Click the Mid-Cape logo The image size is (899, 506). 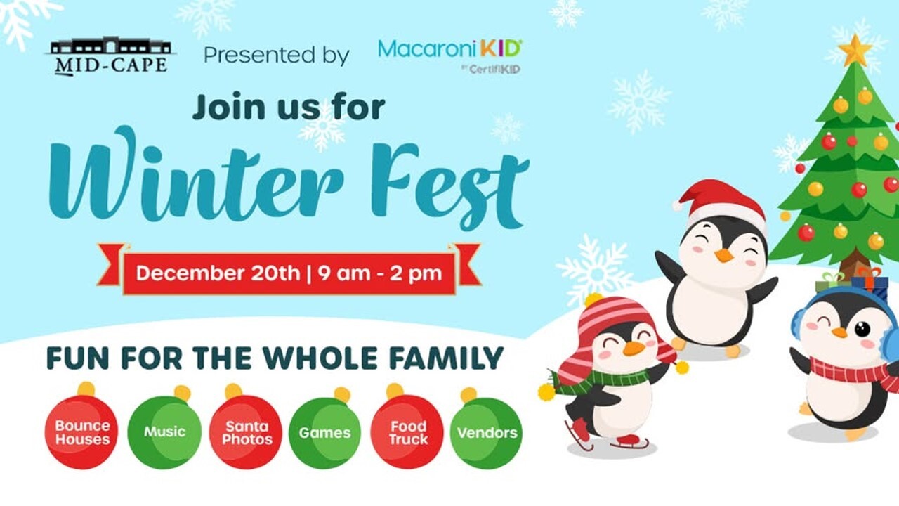[x=110, y=56]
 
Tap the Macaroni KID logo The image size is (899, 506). [x=449, y=56]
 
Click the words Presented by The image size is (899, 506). [x=277, y=56]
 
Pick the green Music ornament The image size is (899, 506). [x=164, y=428]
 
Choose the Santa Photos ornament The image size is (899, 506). [x=246, y=428]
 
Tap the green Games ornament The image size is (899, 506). [x=324, y=429]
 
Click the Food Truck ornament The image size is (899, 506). [x=407, y=428]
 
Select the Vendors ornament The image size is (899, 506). [x=487, y=429]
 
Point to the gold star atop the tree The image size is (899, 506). [x=855, y=50]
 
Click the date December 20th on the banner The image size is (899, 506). [x=218, y=273]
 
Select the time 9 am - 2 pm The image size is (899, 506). [x=380, y=274]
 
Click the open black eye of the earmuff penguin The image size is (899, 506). [x=862, y=329]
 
